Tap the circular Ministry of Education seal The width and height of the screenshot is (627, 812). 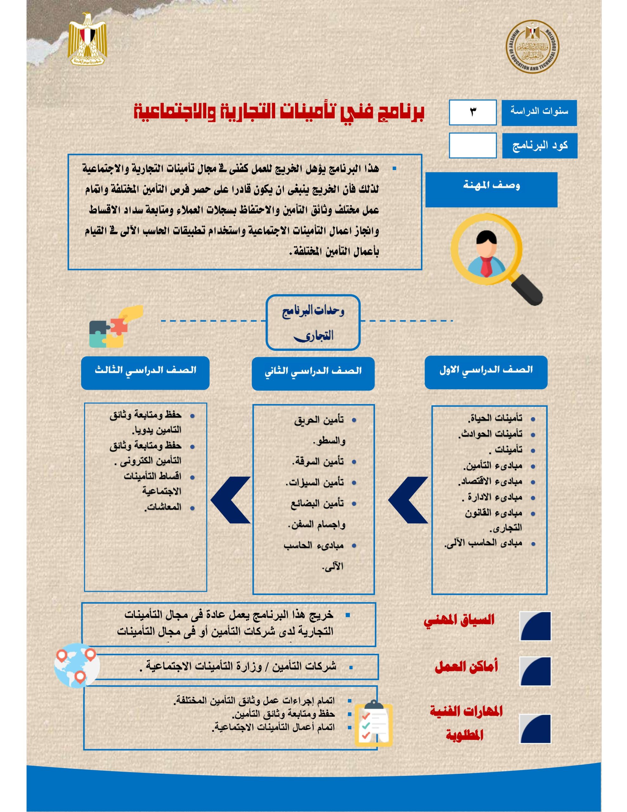532,47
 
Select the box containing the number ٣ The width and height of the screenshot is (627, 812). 472,112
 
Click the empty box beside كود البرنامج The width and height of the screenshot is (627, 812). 472,145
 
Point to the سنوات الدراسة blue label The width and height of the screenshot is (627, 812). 539,113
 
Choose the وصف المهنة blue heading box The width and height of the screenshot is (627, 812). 491,189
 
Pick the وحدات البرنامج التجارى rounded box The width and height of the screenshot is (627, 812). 313,322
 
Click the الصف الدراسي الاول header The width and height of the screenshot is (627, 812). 486,372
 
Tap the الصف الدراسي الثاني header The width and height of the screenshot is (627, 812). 313,373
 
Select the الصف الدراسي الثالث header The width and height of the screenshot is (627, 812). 145,373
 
